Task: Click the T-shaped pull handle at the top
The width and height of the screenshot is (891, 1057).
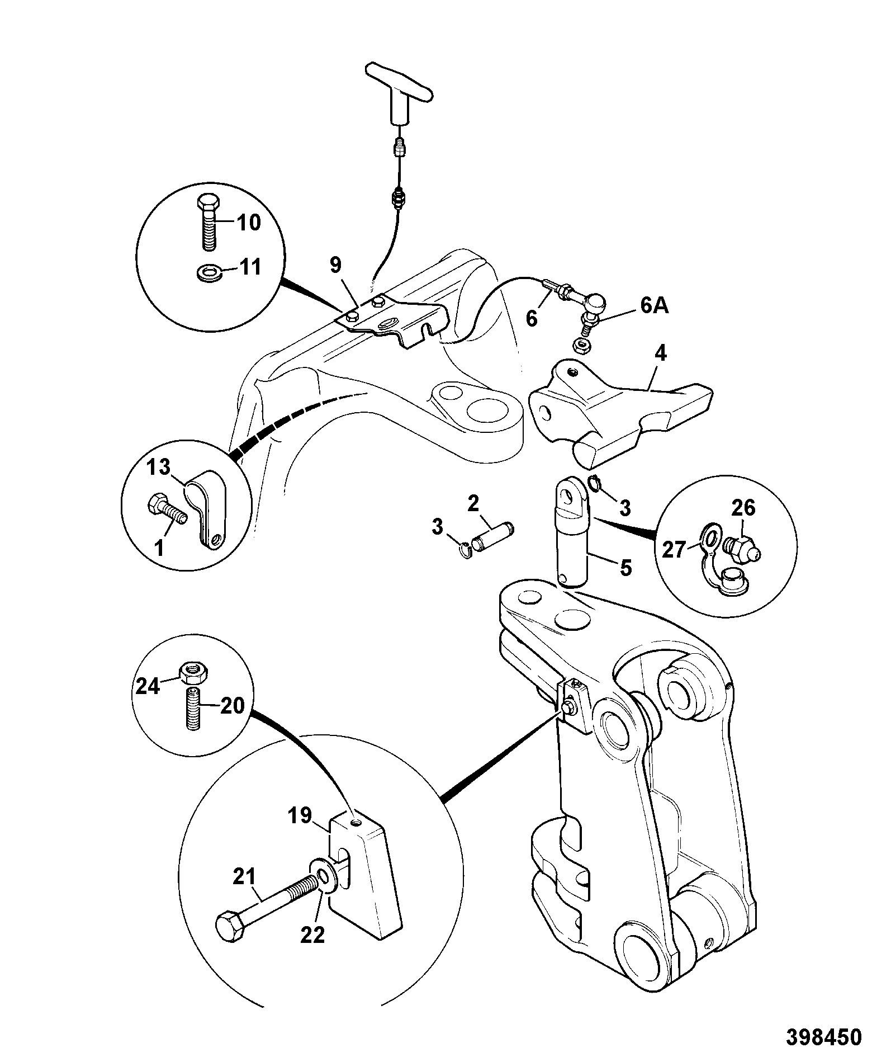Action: click(x=399, y=92)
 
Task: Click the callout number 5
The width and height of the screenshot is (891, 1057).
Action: click(x=625, y=568)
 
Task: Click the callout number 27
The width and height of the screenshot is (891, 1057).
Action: click(x=674, y=550)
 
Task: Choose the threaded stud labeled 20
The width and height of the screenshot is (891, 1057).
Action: click(x=193, y=709)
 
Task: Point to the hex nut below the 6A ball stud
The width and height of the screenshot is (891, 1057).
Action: click(x=581, y=347)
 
